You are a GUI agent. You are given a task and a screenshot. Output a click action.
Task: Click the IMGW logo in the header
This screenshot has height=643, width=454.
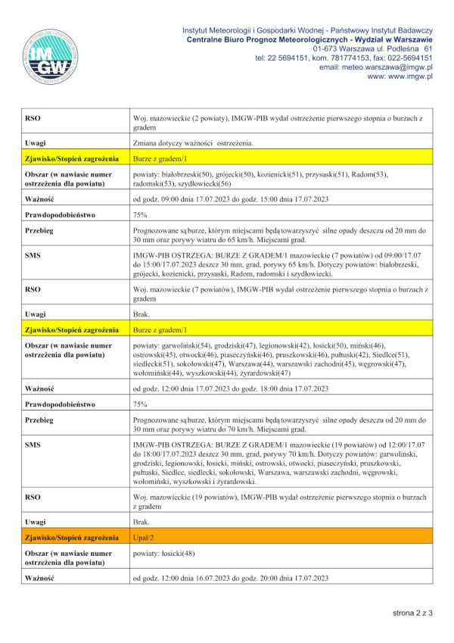[x=53, y=56]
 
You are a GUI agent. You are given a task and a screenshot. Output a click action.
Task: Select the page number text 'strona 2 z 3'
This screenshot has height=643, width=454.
[x=412, y=612]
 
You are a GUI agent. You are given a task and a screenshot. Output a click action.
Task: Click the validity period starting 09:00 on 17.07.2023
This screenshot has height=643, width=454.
[x=230, y=199]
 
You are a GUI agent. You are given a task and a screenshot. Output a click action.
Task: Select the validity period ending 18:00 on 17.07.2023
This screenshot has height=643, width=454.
[x=230, y=389]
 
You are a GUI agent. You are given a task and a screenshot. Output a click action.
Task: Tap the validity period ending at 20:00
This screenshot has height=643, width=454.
[x=230, y=578]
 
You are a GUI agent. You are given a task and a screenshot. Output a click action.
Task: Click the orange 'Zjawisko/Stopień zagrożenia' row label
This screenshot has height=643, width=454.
[x=72, y=538]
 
